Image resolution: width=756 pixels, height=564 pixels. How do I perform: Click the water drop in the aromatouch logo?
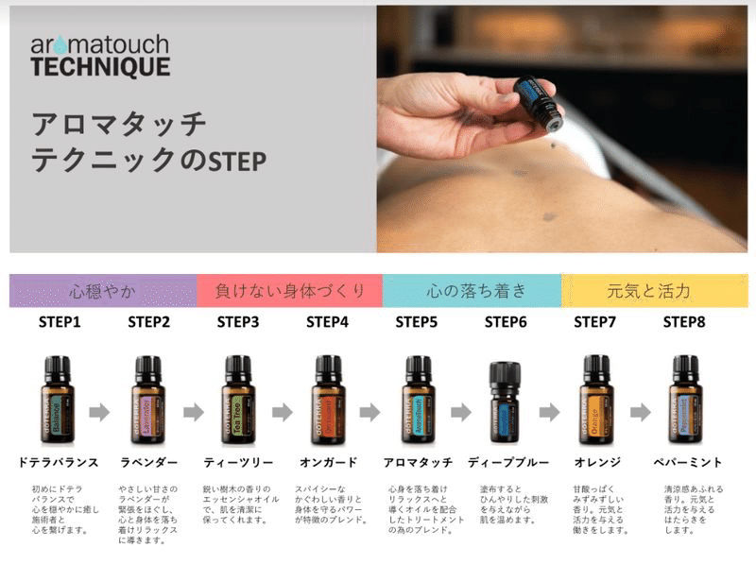pos(62,45)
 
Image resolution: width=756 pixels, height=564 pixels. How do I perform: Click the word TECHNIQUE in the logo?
pos(100,67)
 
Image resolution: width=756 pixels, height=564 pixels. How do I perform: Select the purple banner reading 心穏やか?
pos(103,290)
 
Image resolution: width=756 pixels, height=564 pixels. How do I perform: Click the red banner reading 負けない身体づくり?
pos(289,290)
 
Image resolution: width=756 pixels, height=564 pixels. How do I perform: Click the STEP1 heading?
pos(60,322)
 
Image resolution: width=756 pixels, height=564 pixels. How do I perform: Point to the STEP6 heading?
pos(506,322)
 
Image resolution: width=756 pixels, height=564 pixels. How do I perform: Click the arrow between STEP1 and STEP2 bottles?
pos(102,412)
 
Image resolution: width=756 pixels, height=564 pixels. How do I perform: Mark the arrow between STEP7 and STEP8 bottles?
pos(640,412)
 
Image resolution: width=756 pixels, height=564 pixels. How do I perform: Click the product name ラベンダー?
pos(146,462)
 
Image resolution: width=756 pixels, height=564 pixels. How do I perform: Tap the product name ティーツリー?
pos(238,462)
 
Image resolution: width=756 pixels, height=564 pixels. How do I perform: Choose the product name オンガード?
pos(327,462)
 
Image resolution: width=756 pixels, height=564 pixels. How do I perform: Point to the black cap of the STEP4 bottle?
pos(327,366)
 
